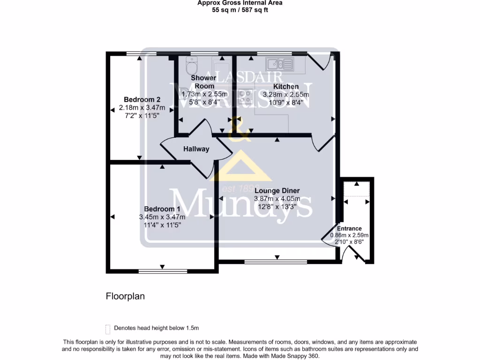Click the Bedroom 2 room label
142,100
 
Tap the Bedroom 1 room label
162,209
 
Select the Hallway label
196,149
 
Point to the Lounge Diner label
277,191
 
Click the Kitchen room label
286,87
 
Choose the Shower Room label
204,82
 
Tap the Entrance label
349,229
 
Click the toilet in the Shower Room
192,63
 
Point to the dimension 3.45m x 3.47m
162,217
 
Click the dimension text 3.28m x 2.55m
286,94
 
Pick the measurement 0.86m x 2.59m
349,235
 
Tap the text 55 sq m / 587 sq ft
240,9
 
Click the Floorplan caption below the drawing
125,296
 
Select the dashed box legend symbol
108,329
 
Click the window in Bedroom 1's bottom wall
162,271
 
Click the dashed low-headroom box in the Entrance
357,189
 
